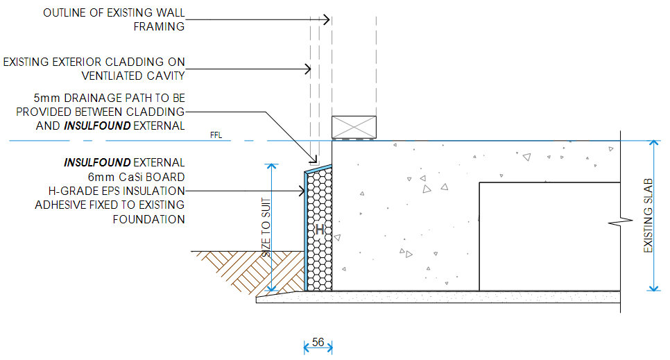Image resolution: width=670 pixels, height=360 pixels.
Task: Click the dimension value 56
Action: tap(318, 342)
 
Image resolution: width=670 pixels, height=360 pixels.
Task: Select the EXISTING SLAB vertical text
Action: tap(648, 216)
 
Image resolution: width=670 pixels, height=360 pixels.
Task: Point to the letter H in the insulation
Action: tap(320, 228)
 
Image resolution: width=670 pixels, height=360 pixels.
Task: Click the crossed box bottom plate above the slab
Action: tap(354, 127)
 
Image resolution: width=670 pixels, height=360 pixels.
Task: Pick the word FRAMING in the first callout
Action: tap(160, 26)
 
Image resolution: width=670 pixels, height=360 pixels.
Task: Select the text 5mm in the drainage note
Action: tap(47, 98)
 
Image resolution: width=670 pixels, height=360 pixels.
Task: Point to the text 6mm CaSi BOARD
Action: tap(141, 177)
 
